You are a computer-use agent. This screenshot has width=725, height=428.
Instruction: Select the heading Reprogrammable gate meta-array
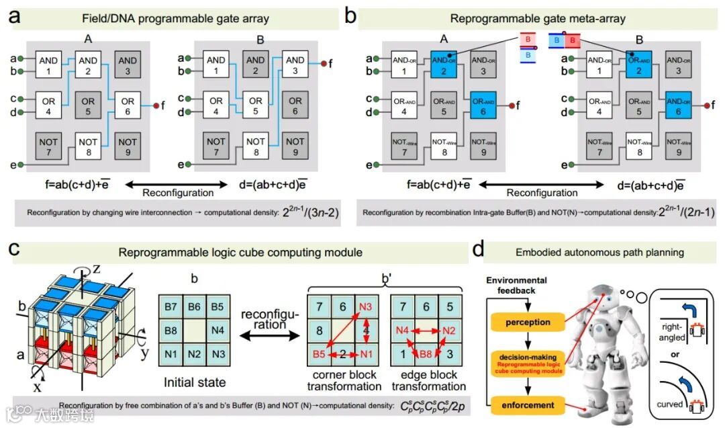pos(538,18)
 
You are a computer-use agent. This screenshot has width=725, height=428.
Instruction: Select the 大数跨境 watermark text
pos(66,414)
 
